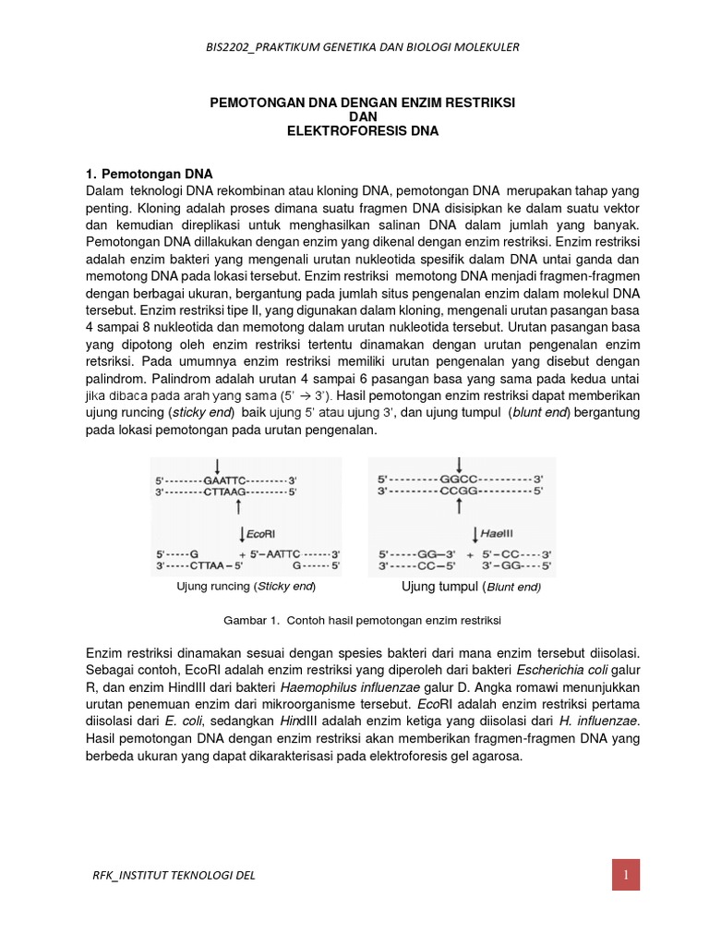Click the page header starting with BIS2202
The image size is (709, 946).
354,47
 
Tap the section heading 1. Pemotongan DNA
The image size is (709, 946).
149,174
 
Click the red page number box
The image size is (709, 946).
625,875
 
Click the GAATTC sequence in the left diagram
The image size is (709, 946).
225,480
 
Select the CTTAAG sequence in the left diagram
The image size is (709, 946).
225,494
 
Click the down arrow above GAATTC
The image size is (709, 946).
217,465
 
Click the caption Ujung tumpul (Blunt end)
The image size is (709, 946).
471,587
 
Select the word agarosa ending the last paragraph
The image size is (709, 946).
498,756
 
